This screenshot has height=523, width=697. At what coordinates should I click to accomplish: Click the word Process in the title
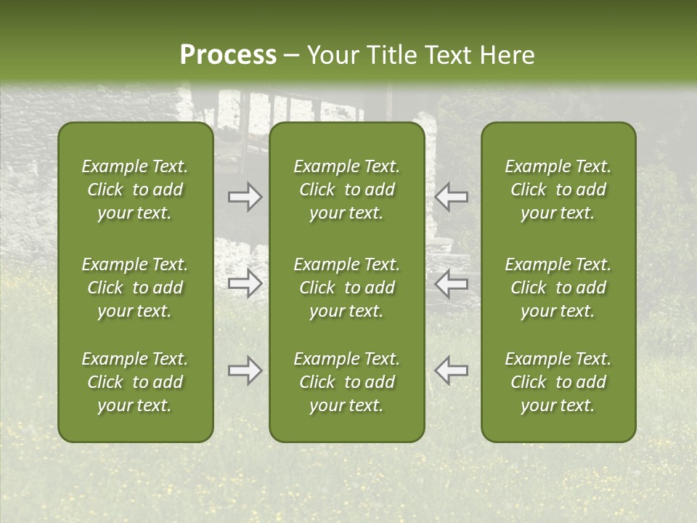click(228, 55)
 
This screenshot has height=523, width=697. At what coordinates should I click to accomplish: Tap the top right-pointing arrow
click(245, 197)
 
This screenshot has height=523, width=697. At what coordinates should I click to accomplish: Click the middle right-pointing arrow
click(245, 283)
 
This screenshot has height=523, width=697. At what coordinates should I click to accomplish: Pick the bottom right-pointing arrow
click(245, 370)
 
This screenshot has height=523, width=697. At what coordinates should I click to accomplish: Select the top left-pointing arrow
click(451, 197)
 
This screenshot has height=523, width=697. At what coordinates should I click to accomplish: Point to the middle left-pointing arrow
click(451, 283)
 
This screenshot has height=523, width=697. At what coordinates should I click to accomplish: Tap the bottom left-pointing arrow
click(451, 370)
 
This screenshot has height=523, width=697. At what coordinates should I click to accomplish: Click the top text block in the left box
click(135, 190)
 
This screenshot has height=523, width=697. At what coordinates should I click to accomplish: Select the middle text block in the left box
click(135, 288)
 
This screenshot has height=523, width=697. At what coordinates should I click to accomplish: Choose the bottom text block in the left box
click(135, 382)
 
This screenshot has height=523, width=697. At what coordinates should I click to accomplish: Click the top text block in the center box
click(346, 190)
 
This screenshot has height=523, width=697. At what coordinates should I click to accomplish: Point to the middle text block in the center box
click(346, 288)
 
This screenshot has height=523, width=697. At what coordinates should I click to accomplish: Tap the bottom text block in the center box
click(346, 382)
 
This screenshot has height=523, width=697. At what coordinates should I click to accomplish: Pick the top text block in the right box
click(558, 190)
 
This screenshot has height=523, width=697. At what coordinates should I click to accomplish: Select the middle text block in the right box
click(558, 288)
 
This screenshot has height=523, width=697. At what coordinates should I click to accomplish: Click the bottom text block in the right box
click(558, 382)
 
